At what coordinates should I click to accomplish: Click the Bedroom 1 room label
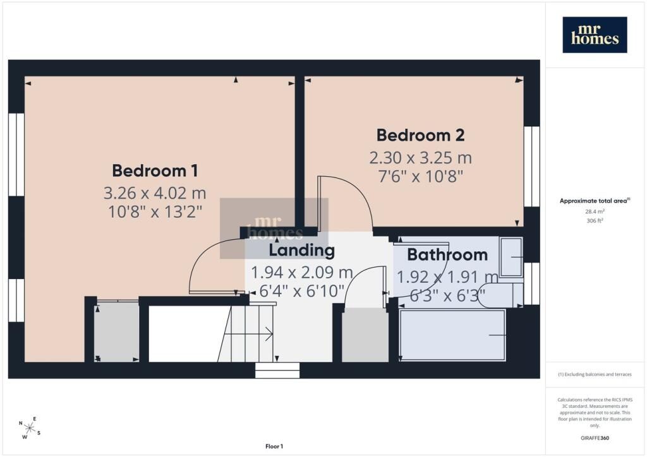(x=155, y=170)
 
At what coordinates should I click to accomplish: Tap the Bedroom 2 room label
(x=420, y=135)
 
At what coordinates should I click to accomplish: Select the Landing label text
(x=301, y=250)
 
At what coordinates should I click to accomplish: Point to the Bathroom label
(x=447, y=254)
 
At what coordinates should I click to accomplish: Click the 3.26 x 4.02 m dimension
(x=155, y=193)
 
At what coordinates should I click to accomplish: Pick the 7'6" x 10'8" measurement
(x=420, y=177)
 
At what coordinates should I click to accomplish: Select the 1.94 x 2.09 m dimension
(x=301, y=273)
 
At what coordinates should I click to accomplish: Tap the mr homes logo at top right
(x=595, y=35)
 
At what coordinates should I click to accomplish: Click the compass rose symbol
(x=30, y=428)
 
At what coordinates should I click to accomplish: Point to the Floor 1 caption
(x=274, y=446)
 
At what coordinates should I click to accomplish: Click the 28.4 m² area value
(x=595, y=211)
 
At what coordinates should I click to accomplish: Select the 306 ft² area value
(x=595, y=220)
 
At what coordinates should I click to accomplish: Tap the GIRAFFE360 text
(x=595, y=438)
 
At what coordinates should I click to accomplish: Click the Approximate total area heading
(x=595, y=201)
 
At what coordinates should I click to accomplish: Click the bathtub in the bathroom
(x=452, y=335)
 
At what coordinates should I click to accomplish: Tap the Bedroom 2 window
(x=532, y=166)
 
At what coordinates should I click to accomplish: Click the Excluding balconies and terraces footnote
(x=595, y=374)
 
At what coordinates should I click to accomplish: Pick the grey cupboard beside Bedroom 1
(x=116, y=332)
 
